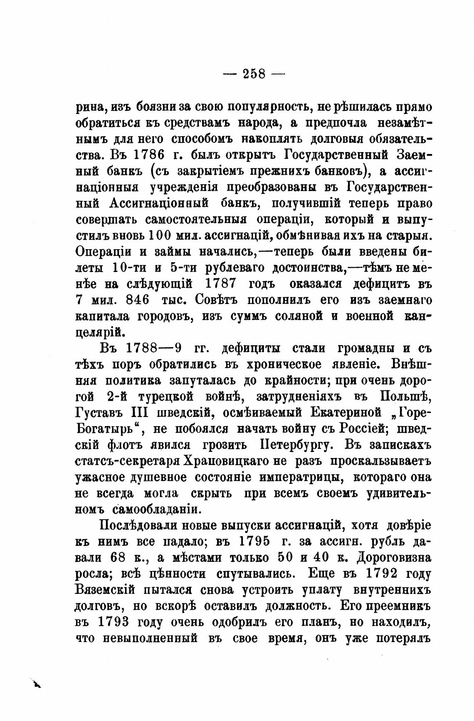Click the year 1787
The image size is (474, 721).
click(221, 284)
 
